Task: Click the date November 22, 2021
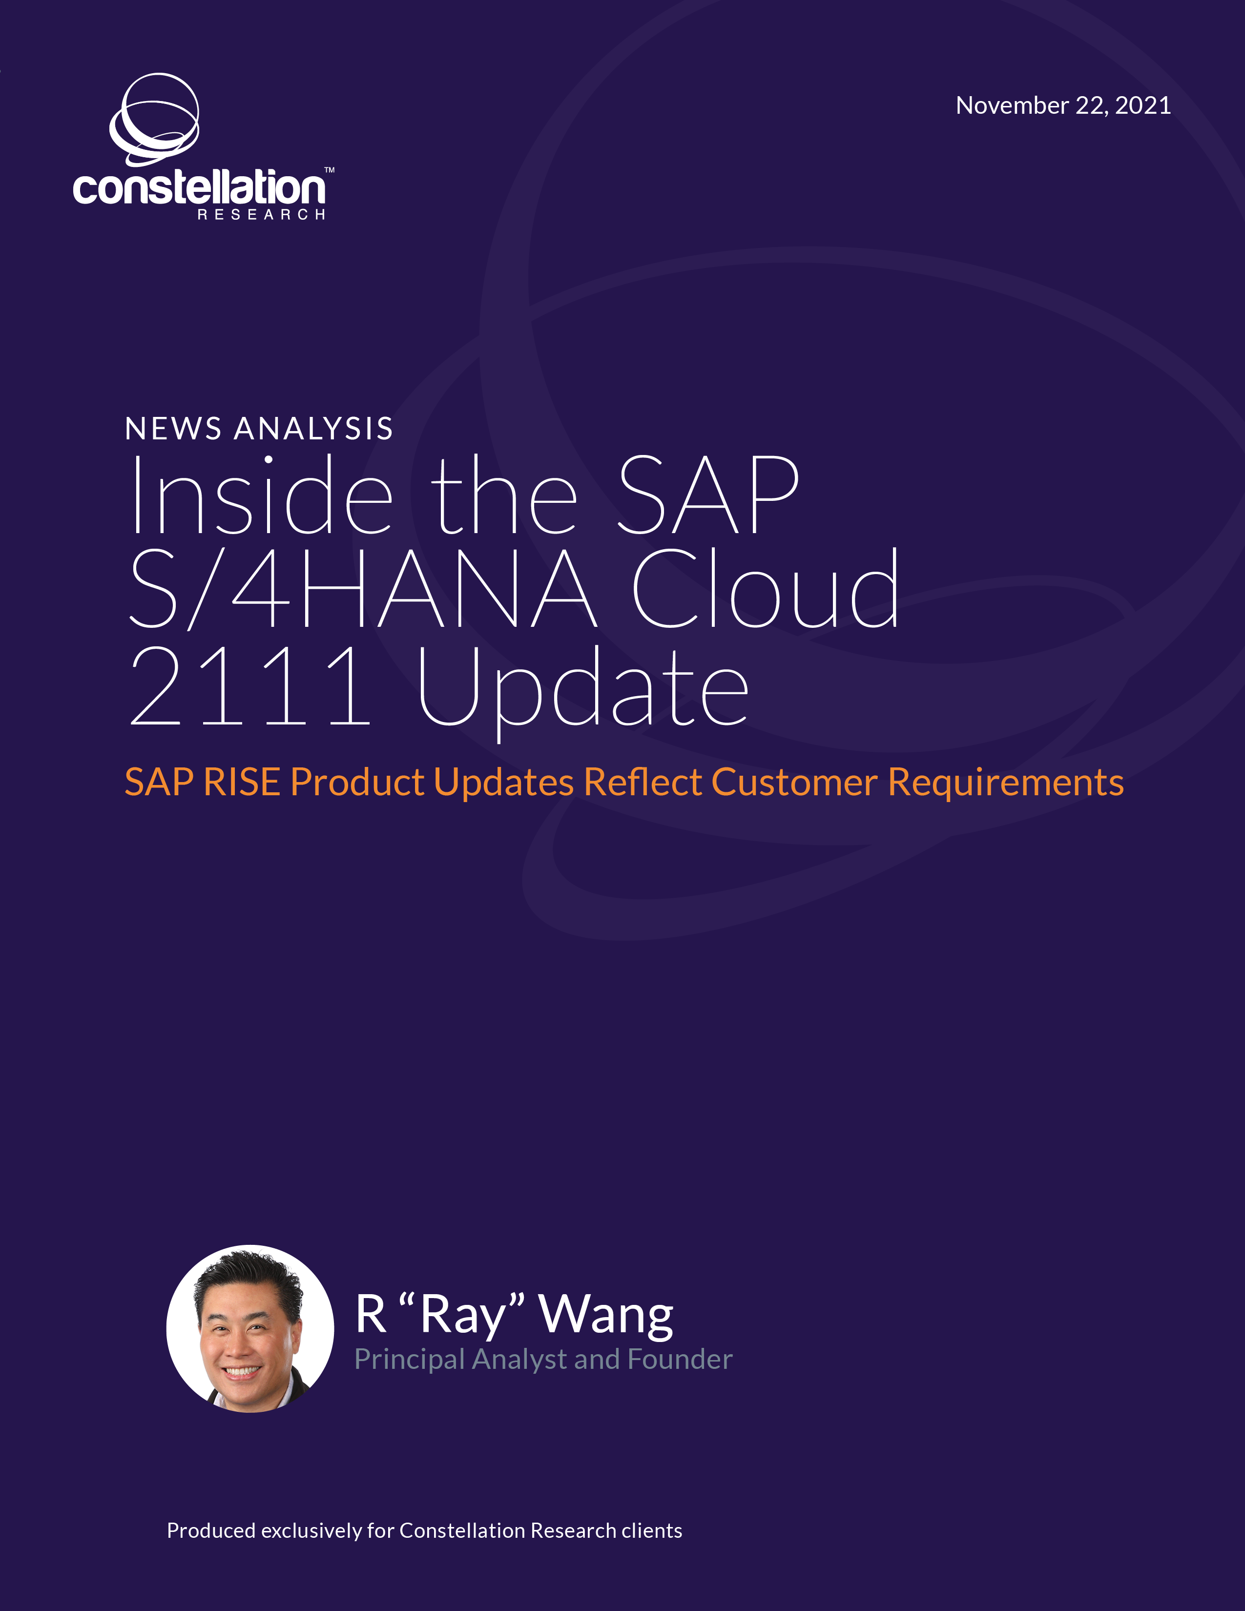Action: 1063,105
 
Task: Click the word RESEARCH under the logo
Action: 261,215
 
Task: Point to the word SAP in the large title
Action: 708,494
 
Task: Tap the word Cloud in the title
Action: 766,588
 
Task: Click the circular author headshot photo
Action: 250,1328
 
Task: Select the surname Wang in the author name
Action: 605,1315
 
